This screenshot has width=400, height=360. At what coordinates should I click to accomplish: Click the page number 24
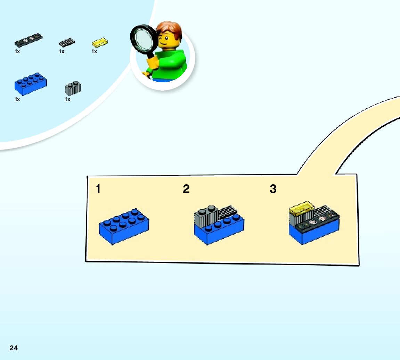(x=14, y=348)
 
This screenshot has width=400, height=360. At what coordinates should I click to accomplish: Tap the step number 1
(x=98, y=189)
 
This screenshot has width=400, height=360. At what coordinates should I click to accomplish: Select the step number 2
(x=186, y=189)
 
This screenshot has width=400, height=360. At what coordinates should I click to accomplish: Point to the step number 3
(x=273, y=189)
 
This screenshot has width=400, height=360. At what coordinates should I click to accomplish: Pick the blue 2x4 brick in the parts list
(x=31, y=84)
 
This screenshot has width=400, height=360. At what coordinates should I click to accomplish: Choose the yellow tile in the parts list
(x=99, y=43)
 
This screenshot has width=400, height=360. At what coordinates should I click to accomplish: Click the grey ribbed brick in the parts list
(x=73, y=88)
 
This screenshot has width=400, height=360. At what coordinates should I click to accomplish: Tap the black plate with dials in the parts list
(x=28, y=40)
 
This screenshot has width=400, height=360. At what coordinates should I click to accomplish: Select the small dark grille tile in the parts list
(x=67, y=42)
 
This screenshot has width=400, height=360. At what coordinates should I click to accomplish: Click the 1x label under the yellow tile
(x=94, y=51)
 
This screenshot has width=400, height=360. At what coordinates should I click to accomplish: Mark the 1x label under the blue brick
(x=17, y=99)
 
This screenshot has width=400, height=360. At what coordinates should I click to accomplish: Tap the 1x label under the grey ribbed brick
(x=67, y=99)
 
